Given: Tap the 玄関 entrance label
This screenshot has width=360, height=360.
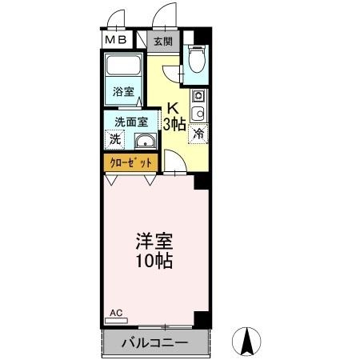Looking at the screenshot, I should coord(162,41).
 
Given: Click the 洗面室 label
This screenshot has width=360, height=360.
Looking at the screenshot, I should coord(130,122).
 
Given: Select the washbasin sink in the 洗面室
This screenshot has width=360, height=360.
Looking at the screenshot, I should coord(145,142).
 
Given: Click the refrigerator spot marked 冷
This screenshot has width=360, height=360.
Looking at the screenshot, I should coord(197,134).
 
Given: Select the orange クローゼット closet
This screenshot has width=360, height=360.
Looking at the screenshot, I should coord(130,162).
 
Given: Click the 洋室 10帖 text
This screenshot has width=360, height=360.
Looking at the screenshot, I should coord(154,250).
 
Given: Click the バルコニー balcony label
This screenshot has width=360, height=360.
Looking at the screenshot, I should coord(154,344).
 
